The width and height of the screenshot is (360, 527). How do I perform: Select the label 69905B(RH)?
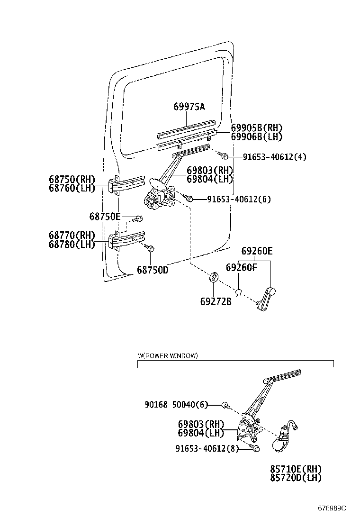pos(256,128)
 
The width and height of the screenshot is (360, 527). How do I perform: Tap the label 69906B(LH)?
pos(256,137)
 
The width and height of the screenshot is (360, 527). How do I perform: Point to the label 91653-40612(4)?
pos(274,157)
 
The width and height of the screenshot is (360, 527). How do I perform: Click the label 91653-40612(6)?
pos(239,200)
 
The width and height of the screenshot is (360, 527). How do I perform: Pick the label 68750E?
pos(105,217)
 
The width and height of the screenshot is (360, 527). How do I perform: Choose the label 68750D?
pos(153,270)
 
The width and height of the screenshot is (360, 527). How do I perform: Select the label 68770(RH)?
pos(72,235)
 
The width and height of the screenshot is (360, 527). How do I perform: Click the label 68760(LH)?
pos(72,188)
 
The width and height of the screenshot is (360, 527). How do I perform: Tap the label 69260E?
pos(257,251)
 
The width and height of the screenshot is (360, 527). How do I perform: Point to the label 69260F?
pos(241,268)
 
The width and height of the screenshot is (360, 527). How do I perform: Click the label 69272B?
pos(216,300)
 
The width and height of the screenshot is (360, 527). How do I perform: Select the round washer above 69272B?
pos(214,277)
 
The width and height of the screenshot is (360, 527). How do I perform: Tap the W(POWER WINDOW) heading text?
pos(168,355)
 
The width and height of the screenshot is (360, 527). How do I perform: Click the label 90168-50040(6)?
pos(176,405)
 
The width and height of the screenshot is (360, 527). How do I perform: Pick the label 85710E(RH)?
pos(296,469)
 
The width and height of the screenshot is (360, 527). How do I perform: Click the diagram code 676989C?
pos(332,508)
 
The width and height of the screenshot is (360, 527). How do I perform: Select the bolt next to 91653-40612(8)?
pos(255,448)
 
